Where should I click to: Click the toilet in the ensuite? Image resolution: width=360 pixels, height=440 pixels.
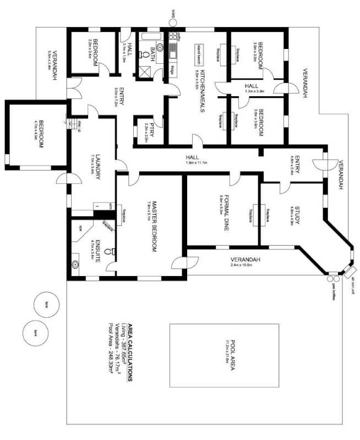click(113, 251)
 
